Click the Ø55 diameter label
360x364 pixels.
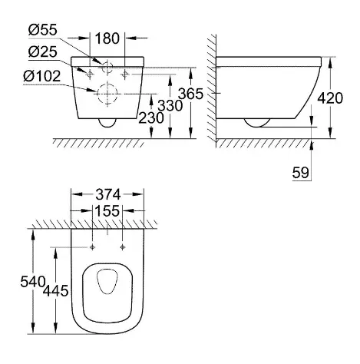[x=43, y=30]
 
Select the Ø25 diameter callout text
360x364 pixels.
[x=43, y=52]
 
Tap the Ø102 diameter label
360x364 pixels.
[x=42, y=76]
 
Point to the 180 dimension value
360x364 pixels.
[x=107, y=38]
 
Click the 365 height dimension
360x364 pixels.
[x=190, y=94]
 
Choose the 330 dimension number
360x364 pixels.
[x=170, y=105]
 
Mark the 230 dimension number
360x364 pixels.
[x=151, y=117]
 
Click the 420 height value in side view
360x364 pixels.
[x=330, y=98]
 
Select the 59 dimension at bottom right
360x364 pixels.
[x=301, y=173]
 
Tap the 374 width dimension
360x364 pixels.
[x=107, y=194]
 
